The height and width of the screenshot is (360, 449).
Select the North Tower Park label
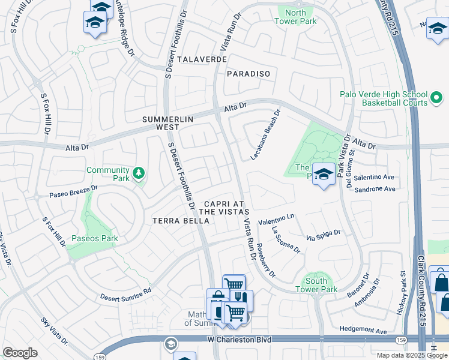295,17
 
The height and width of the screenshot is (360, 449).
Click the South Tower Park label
316,285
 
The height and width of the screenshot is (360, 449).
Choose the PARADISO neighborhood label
249,74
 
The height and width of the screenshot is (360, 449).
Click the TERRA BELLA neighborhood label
180,221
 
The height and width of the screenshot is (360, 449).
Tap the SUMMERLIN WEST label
169,123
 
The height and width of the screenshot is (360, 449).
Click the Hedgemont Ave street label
363,330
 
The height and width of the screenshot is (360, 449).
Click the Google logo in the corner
20,353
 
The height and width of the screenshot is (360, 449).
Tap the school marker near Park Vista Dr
324,175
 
